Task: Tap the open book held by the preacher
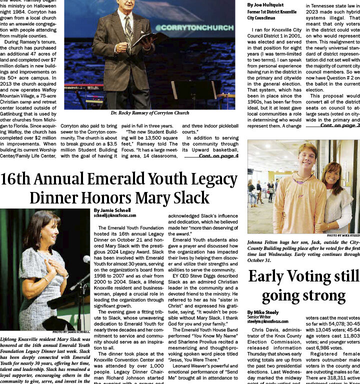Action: pos(148,39)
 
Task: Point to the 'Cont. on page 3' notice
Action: pos(340,125)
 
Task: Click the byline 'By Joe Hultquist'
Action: pos(265,5)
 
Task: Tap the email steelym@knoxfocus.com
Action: pos(267,321)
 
